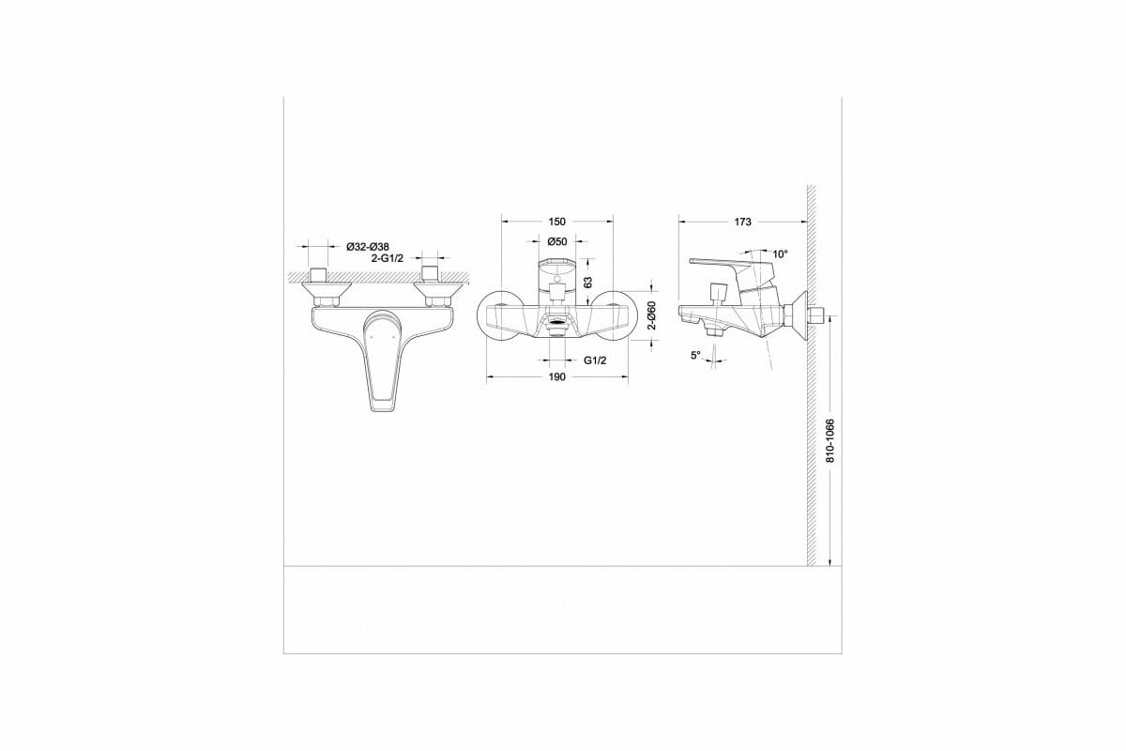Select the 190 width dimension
click(555, 376)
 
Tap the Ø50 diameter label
click(557, 241)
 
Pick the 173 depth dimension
click(743, 222)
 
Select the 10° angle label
click(780, 253)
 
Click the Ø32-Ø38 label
click(367, 246)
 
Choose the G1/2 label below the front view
click(595, 360)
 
